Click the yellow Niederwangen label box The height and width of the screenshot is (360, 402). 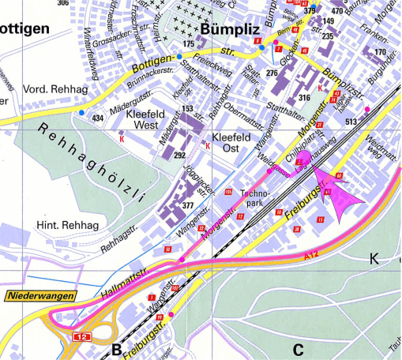41,297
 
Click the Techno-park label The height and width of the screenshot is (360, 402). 255,197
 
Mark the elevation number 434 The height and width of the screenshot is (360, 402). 98,118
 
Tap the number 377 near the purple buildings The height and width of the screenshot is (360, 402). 188,205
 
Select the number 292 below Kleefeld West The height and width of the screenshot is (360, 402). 179,156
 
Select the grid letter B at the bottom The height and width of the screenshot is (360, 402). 116,350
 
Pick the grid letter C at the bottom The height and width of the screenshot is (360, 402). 298,349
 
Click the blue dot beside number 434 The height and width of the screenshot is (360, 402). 81,114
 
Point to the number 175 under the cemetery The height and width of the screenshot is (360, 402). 188,44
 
